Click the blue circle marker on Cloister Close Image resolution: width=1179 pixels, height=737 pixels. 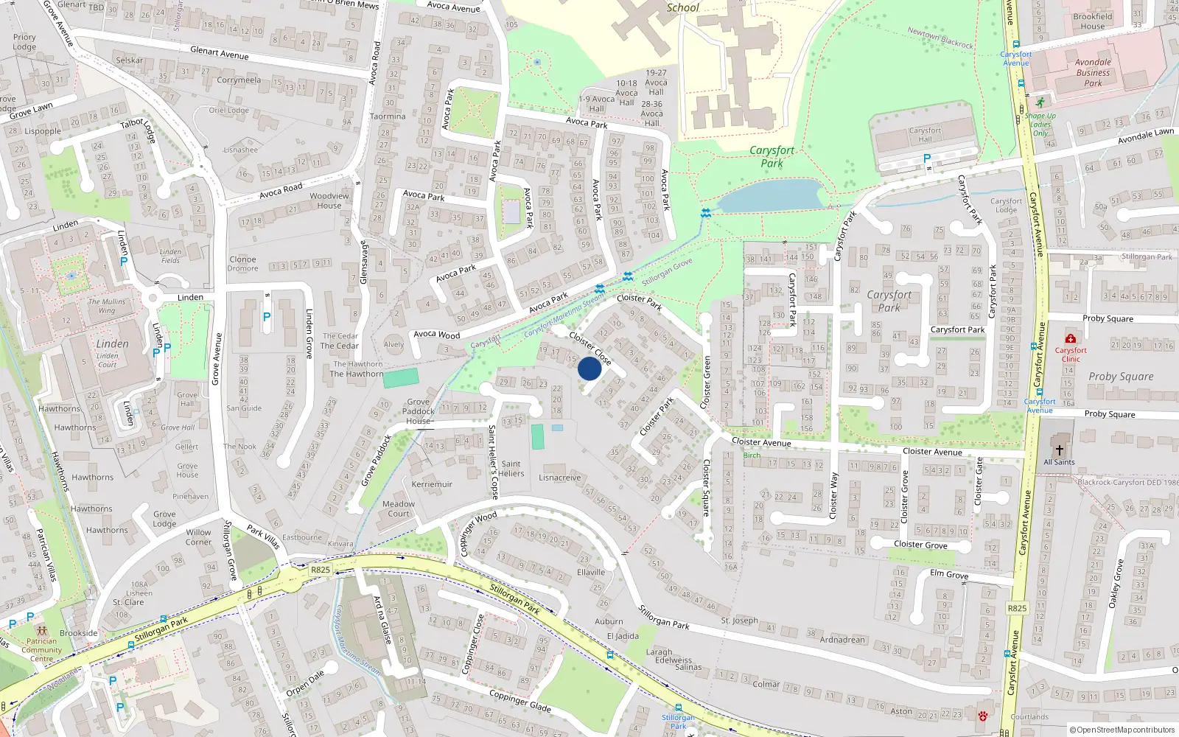point(589,368)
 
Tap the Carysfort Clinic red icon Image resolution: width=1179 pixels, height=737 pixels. point(1070,338)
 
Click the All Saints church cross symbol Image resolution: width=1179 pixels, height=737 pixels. point(1059,450)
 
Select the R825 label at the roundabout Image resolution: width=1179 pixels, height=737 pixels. point(321,570)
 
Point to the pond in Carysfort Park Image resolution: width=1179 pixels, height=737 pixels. point(771,195)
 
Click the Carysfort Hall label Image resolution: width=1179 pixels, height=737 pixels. point(925,135)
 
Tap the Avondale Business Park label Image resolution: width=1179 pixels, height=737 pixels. point(1093,72)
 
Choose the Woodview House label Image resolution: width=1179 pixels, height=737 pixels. point(329,200)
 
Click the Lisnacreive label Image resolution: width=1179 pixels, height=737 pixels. point(559,478)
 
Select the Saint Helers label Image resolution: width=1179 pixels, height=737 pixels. point(511,469)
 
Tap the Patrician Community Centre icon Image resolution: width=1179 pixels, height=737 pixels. point(41,631)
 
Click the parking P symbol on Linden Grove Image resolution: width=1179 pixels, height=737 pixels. point(267,317)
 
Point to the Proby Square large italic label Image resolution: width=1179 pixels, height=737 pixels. point(1120,377)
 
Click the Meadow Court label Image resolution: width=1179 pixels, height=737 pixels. point(399,509)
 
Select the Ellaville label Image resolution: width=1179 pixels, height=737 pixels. point(590,572)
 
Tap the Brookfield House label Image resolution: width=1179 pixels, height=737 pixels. point(1092,21)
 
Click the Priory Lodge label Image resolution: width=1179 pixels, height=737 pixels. point(24,42)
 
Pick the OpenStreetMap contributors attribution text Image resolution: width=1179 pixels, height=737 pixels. point(1122,730)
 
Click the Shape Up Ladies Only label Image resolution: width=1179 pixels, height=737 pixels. point(1040,125)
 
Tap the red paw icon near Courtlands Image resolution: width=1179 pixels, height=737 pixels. point(982,716)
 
